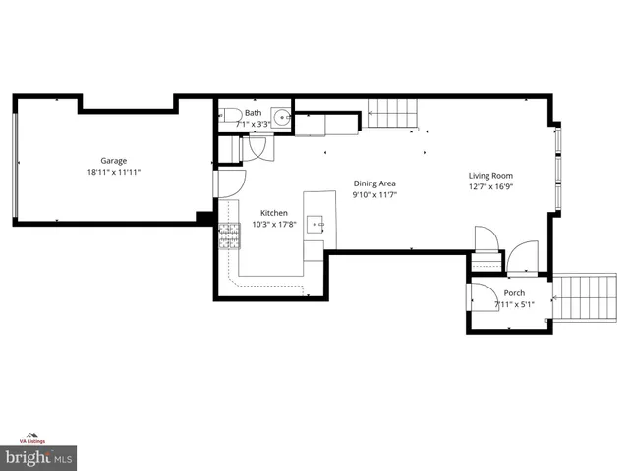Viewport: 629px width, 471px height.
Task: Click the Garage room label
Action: (113, 161)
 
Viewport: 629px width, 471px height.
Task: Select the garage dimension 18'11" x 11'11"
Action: (113, 173)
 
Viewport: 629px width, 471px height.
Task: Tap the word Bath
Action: (254, 113)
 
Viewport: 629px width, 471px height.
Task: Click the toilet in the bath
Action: (226, 115)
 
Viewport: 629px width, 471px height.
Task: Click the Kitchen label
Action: (273, 213)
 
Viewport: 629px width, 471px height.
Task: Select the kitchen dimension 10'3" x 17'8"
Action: (273, 225)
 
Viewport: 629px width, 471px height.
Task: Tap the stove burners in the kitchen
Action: (228, 236)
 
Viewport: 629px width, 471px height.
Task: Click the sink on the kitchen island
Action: (317, 225)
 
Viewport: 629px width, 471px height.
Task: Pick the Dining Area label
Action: (375, 183)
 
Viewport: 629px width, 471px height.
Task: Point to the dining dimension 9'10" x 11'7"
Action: (375, 195)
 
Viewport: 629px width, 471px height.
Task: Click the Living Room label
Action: (490, 177)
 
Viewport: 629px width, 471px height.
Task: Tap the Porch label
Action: (514, 293)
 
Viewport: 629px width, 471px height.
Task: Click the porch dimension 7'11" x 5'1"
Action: (514, 304)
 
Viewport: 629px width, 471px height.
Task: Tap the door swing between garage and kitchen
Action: (230, 183)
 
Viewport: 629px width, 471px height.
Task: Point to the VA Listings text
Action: (36, 441)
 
